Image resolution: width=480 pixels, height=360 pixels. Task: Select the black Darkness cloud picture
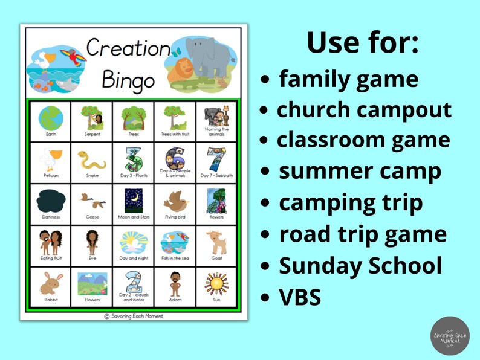[51, 201]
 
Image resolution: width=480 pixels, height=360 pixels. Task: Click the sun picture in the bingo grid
[215, 283]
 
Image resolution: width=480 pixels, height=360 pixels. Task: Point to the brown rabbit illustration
[51, 283]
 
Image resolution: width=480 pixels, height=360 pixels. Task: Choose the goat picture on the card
[215, 242]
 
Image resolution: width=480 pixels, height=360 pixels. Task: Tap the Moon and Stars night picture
[133, 201]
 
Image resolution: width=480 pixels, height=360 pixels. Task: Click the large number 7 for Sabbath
[216, 159]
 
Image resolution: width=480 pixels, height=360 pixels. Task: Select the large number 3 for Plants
[133, 159]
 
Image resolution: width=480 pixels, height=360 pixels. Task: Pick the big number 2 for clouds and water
[134, 280]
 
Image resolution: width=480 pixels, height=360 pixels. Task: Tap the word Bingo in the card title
[128, 79]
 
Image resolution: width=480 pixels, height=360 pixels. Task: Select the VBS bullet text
[300, 297]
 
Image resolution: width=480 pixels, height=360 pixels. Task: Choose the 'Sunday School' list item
[360, 266]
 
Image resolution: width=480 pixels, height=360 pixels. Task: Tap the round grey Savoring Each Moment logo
[450, 335]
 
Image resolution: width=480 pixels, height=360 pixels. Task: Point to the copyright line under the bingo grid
[134, 315]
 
